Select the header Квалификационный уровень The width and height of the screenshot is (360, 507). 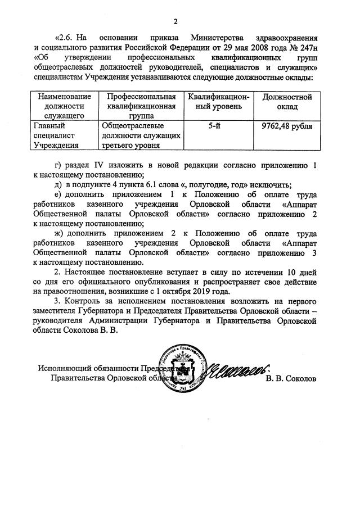coord(215,102)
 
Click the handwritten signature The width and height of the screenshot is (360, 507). coord(236,370)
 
